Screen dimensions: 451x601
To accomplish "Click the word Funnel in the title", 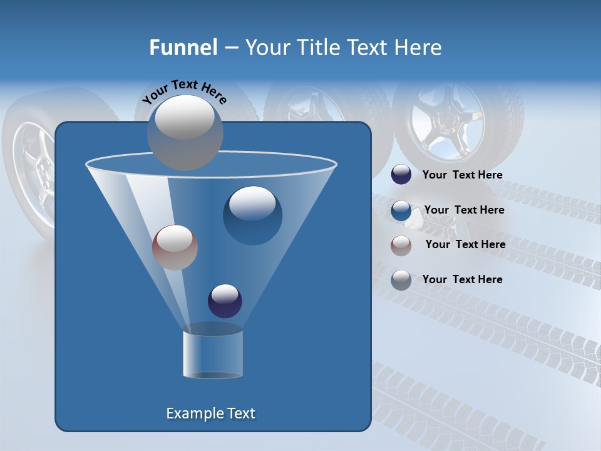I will [183, 48].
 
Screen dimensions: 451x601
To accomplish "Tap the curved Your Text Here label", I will [184, 91].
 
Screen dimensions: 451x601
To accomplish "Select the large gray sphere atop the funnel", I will [185, 132].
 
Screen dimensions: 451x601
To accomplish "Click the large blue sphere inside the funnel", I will [252, 215].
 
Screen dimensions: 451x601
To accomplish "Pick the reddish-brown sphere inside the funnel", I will [175, 247].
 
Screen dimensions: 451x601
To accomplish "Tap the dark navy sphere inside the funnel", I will [225, 301].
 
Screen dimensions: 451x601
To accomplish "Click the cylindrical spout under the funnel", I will [213, 354].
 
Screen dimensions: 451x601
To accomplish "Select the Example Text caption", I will [211, 413].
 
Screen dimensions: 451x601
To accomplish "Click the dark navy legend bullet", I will [401, 175].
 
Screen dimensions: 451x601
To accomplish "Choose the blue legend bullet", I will [401, 210].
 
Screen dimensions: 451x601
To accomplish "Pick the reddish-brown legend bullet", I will [401, 245].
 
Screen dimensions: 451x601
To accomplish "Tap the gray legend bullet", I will [401, 280].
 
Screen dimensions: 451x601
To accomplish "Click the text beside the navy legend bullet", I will [462, 175].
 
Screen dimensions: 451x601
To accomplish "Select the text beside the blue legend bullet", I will [464, 210].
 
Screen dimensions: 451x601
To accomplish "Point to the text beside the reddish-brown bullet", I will [465, 245].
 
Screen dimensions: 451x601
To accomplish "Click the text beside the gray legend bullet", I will [462, 280].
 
